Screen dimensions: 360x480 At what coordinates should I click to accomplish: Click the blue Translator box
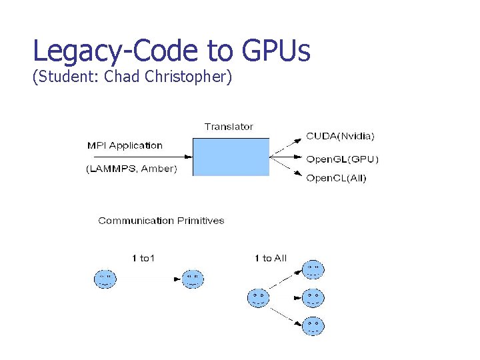(x=231, y=157)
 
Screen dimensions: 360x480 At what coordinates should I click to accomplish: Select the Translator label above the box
(x=229, y=127)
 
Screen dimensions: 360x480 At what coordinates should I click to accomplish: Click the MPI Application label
(x=125, y=145)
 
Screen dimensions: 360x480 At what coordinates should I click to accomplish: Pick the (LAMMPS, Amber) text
(x=131, y=169)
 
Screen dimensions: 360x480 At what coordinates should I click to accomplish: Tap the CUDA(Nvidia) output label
(x=340, y=136)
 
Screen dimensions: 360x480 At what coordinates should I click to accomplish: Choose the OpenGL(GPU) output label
(x=342, y=159)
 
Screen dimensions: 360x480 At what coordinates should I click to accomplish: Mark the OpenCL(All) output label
(x=336, y=178)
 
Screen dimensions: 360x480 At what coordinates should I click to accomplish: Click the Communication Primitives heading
(x=161, y=221)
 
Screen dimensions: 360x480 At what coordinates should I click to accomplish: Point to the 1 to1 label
(x=143, y=258)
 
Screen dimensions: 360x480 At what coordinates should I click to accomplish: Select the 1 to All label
(x=270, y=258)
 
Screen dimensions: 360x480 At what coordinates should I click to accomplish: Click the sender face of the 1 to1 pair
(x=105, y=279)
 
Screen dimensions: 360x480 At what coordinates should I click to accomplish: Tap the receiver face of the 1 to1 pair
(x=193, y=279)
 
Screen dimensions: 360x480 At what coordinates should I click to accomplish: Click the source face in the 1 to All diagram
(x=258, y=297)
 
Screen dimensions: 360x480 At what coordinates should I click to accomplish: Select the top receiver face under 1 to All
(x=313, y=269)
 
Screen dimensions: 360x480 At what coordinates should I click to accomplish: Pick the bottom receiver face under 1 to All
(x=313, y=325)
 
